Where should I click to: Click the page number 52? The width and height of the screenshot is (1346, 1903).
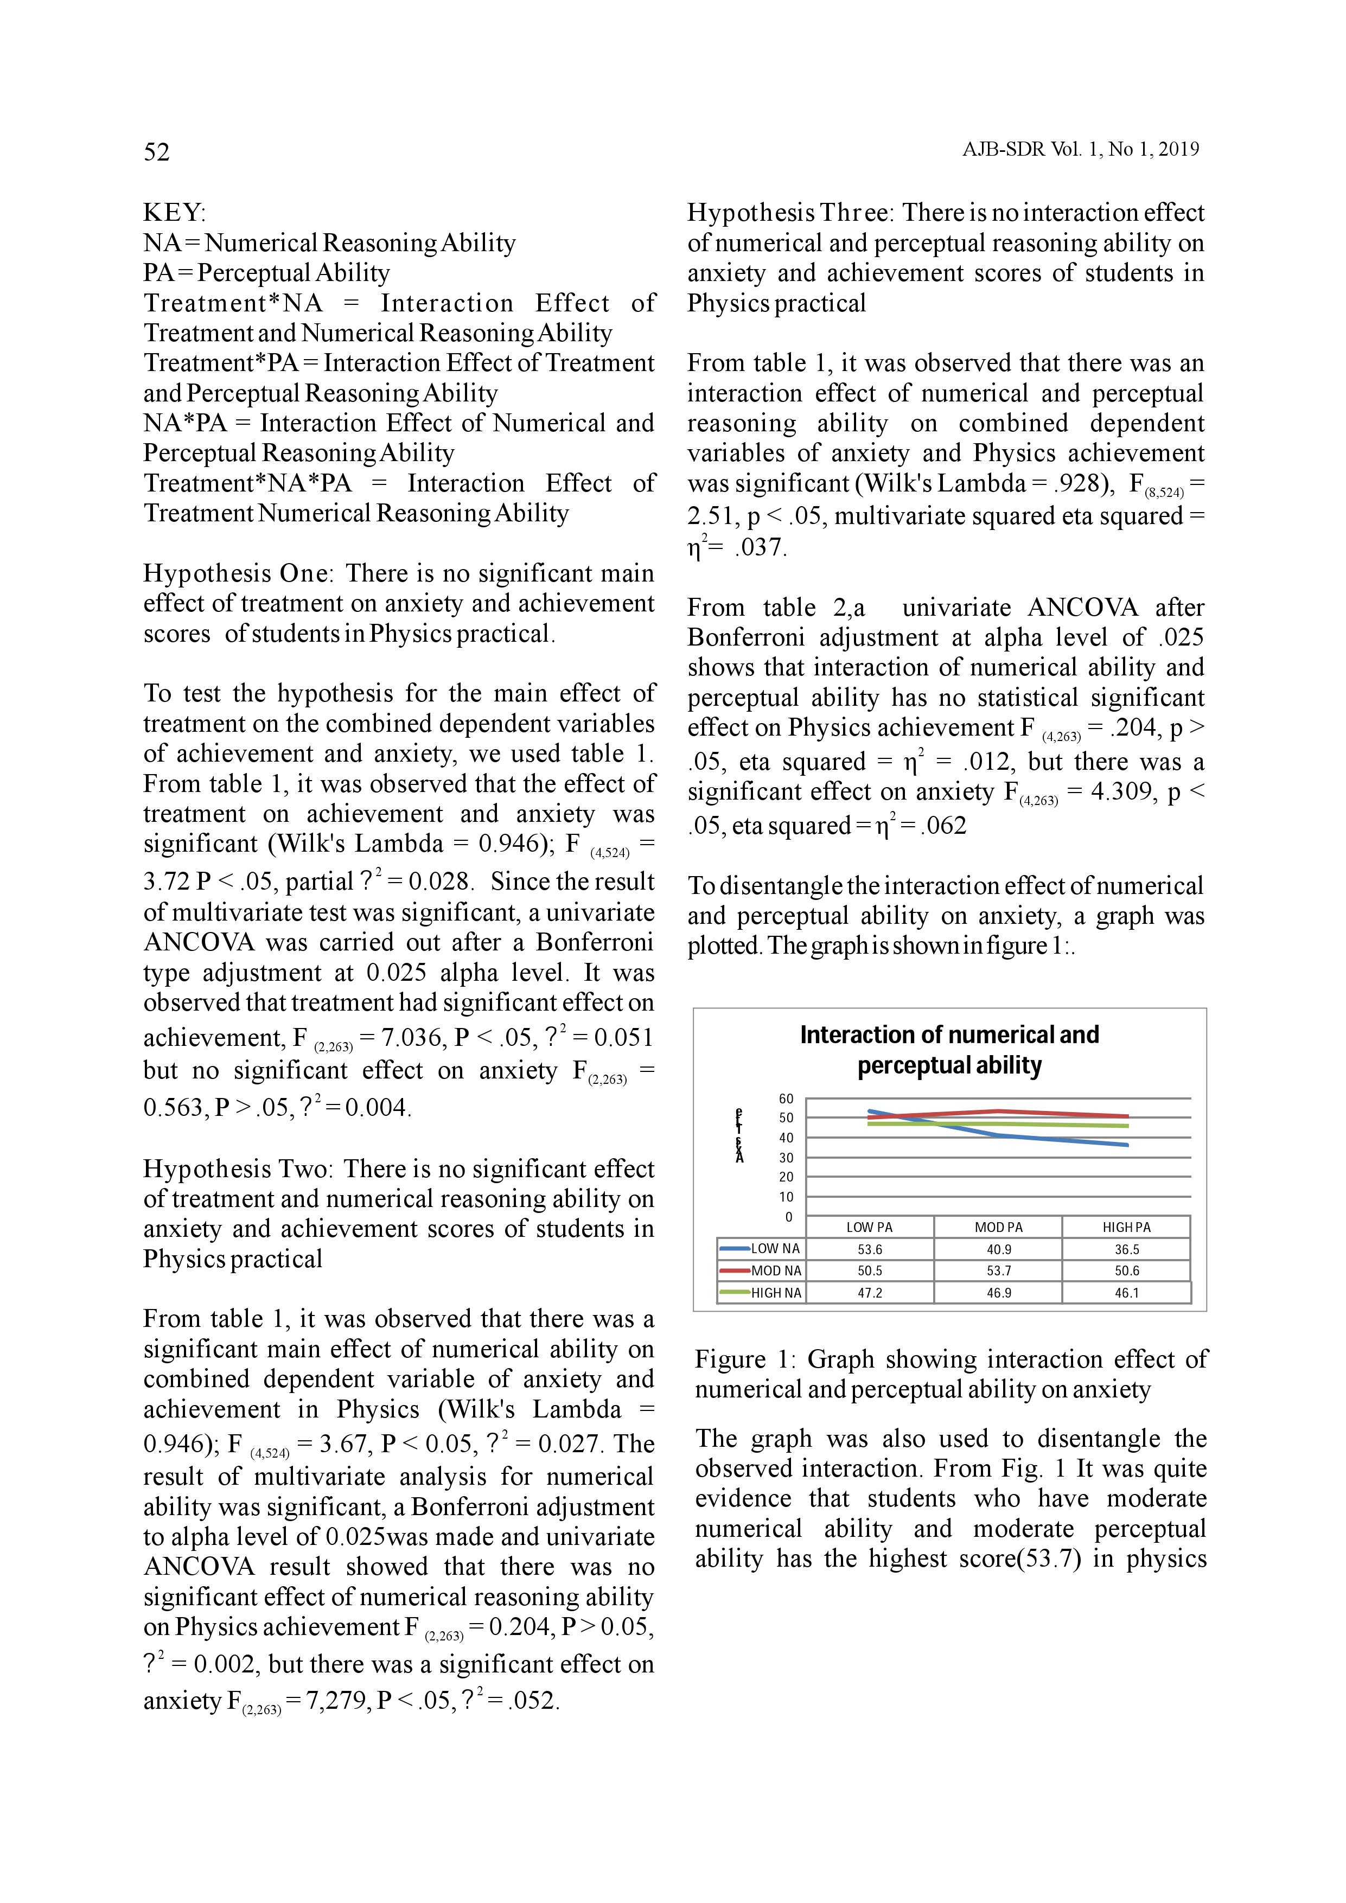[157, 152]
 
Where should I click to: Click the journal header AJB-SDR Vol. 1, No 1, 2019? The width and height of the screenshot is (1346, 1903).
[1080, 149]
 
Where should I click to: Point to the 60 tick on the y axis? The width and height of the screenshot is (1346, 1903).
[786, 1099]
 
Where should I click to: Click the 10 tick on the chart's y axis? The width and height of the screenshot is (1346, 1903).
[786, 1197]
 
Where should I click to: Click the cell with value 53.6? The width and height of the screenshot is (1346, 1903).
[870, 1250]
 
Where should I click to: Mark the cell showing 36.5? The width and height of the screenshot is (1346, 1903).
[1126, 1250]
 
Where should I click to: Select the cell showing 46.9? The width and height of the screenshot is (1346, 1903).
[999, 1293]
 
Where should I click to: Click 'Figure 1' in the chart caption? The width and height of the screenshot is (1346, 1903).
[743, 1360]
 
